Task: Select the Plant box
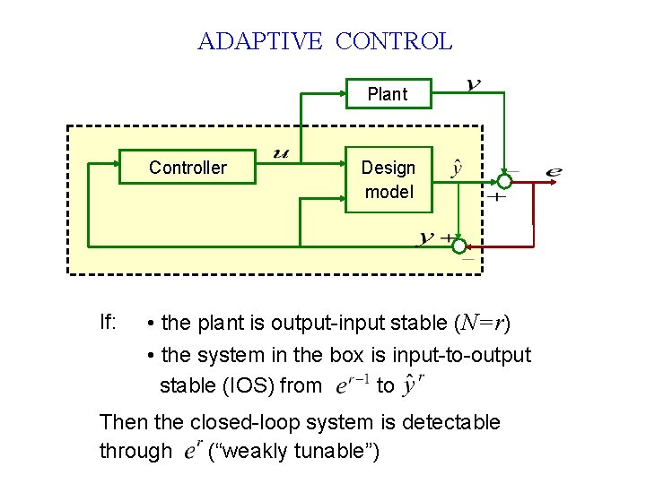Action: pyautogui.click(x=388, y=94)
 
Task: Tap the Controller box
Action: pyautogui.click(x=188, y=168)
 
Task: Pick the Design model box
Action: pyautogui.click(x=388, y=179)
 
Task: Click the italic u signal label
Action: pyautogui.click(x=281, y=154)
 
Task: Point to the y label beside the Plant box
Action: pyautogui.click(x=473, y=85)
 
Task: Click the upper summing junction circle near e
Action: pyautogui.click(x=505, y=181)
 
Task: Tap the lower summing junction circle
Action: pyautogui.click(x=459, y=246)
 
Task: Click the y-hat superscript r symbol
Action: pyautogui.click(x=414, y=385)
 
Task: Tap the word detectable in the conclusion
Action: pyautogui.click(x=450, y=421)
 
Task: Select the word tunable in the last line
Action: pyautogui.click(x=337, y=451)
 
